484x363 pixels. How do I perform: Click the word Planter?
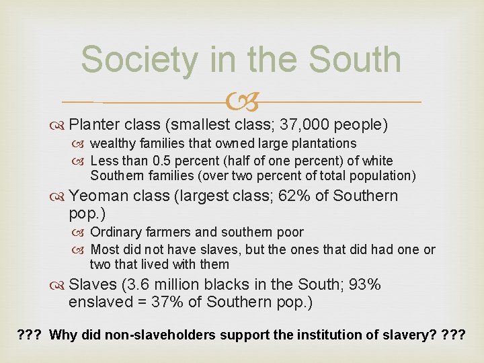95,124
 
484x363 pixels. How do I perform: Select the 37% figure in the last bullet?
167,302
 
